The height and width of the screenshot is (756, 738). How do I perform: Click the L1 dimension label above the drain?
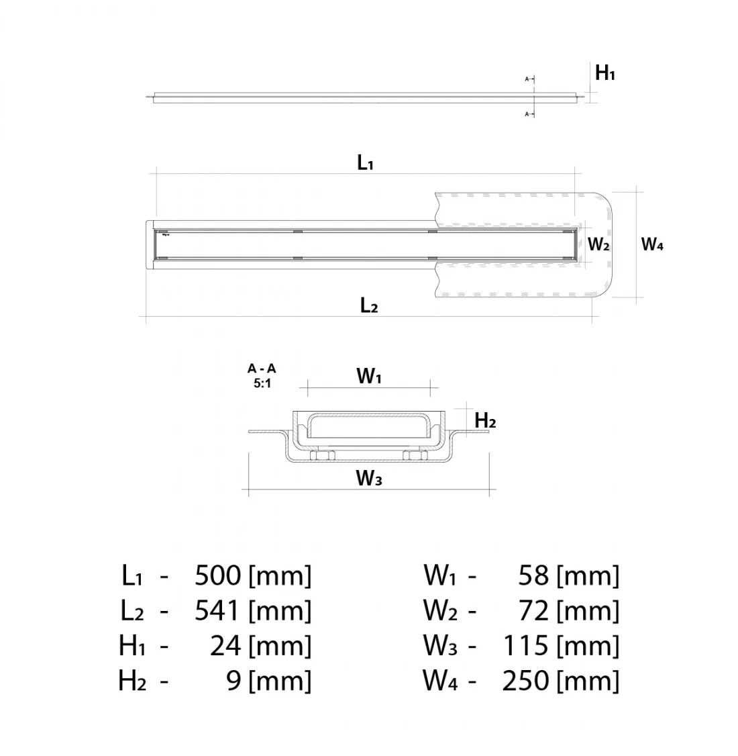[x=364, y=162]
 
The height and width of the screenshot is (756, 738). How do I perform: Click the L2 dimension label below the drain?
[x=368, y=306]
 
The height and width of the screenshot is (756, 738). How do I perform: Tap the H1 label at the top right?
[x=604, y=73]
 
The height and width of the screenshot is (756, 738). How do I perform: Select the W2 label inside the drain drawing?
[x=598, y=244]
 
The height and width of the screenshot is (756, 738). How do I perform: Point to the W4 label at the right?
[x=652, y=244]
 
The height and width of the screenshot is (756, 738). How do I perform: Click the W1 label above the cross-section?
[x=368, y=377]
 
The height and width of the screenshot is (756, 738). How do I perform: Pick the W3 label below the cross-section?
[x=369, y=478]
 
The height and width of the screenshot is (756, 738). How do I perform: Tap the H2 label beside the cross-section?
[x=484, y=421]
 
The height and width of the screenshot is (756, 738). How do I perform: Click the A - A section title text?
[x=262, y=369]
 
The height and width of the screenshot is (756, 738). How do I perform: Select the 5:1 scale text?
[x=262, y=384]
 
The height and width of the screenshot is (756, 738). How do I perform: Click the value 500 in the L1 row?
[x=217, y=575]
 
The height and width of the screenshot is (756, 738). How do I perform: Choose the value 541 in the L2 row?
[x=217, y=610]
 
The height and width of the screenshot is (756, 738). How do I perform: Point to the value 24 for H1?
[x=225, y=646]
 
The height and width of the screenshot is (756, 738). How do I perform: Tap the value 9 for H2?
[x=233, y=681]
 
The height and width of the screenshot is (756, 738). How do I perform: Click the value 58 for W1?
[x=533, y=575]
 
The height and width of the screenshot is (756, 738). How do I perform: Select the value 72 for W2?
[x=533, y=610]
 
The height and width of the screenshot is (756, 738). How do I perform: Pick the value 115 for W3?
[x=525, y=646]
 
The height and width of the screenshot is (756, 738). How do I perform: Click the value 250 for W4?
[x=525, y=681]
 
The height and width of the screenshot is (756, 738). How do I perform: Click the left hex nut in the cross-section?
[x=323, y=457]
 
